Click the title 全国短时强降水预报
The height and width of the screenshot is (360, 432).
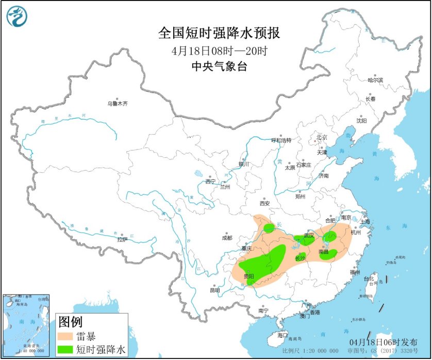pos(219,34)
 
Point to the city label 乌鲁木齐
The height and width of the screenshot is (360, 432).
pos(117,104)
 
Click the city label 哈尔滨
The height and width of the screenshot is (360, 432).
pos(375,80)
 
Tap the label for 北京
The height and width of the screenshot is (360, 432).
pos(322,137)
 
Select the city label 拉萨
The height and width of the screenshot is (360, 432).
pos(122,239)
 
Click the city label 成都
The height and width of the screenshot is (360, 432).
pos(227,238)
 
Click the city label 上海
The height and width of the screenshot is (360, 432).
pos(365,221)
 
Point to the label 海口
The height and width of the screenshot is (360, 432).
pos(282,335)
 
